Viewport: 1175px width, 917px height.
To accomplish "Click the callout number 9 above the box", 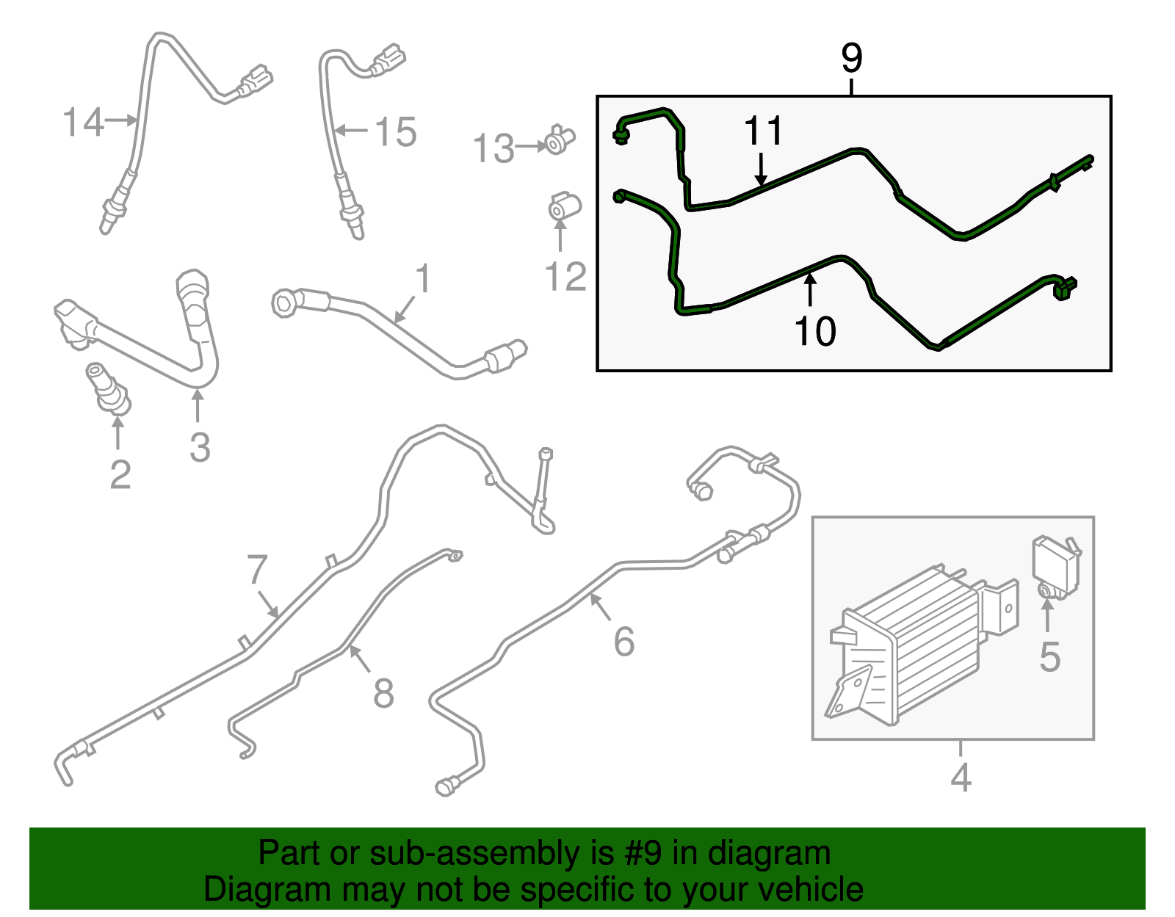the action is tap(851, 59).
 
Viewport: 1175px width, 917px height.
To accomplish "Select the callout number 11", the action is tap(763, 131).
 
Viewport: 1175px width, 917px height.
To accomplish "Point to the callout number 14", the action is tap(83, 122).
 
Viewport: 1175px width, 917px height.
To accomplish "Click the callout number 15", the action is tap(396, 132).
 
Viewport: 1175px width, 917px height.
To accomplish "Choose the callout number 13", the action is tap(493, 148).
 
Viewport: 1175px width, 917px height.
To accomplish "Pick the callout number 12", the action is tap(565, 277).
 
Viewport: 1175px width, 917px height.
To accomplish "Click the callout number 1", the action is tap(423, 279).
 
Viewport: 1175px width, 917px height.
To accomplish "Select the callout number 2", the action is tap(120, 475).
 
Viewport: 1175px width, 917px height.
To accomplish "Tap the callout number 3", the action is tap(200, 447).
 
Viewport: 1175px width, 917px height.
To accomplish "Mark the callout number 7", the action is tap(257, 570).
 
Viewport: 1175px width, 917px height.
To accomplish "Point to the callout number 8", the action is tap(383, 693).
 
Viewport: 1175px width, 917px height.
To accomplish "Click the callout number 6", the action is tap(624, 642).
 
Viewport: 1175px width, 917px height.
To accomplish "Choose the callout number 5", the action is tap(1049, 658).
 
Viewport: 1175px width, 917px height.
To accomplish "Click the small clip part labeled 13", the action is tap(559, 140).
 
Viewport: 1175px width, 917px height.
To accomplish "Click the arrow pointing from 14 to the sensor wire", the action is tap(120, 120).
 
